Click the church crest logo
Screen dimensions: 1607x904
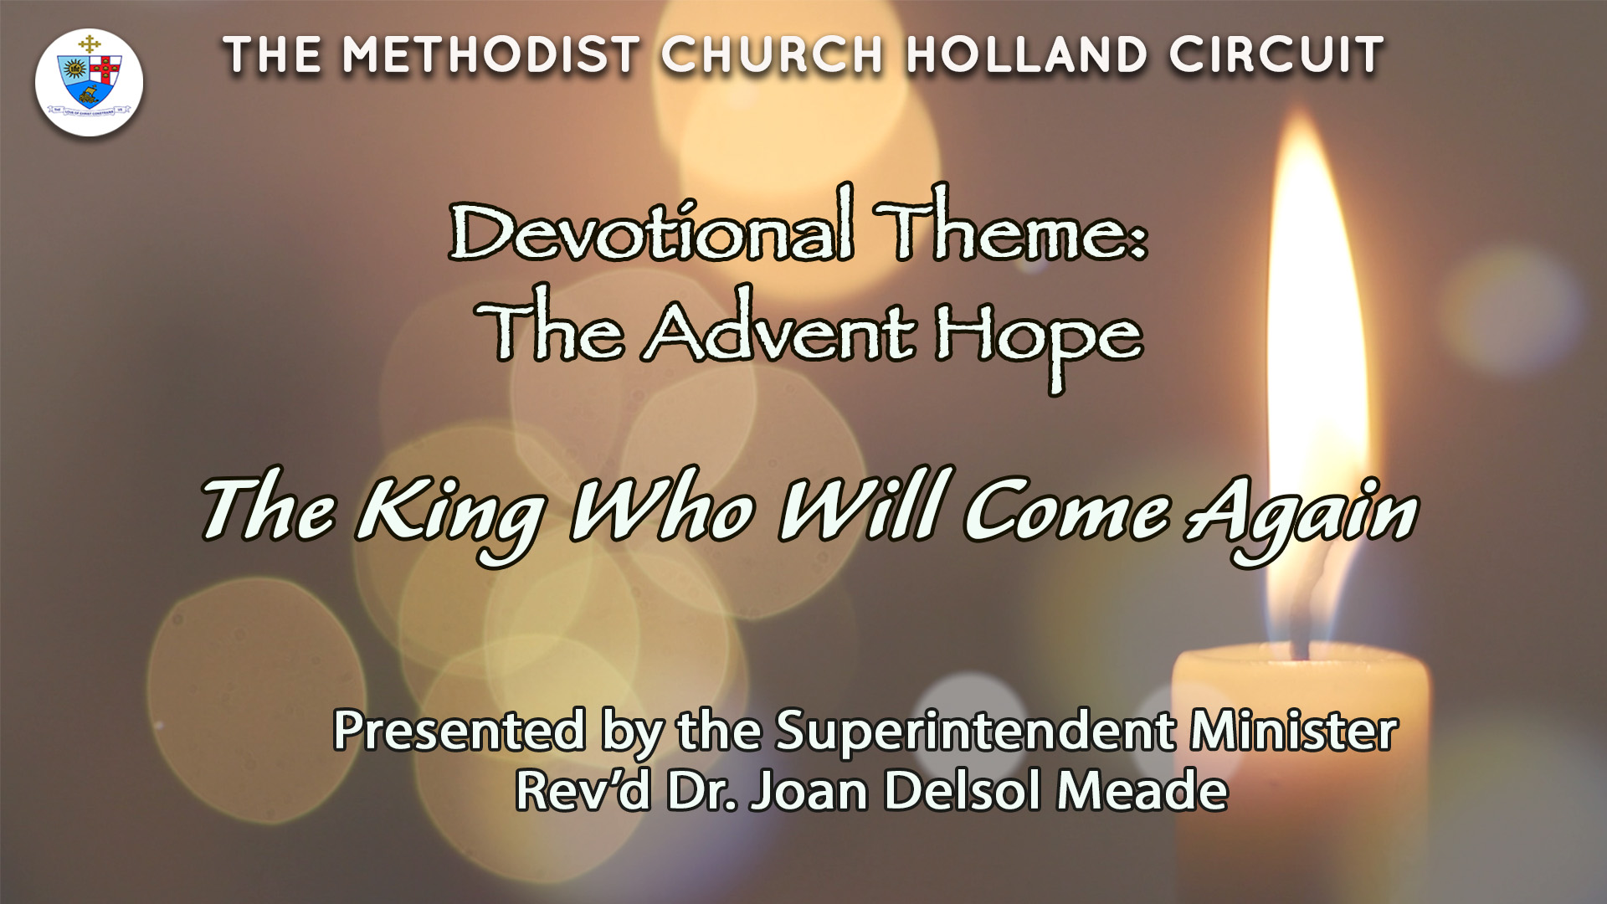pos(89,82)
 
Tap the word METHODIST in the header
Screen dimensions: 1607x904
pos(491,55)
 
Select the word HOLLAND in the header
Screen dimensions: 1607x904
pos(1026,55)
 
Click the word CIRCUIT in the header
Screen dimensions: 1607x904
pos(1277,55)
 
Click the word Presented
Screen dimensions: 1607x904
pos(459,730)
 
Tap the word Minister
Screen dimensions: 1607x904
pos(1294,730)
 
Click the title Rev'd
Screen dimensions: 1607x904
pos(583,789)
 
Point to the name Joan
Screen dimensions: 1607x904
pos(809,790)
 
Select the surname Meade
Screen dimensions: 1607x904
pos(1142,789)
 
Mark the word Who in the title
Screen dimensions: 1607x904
pos(661,509)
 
